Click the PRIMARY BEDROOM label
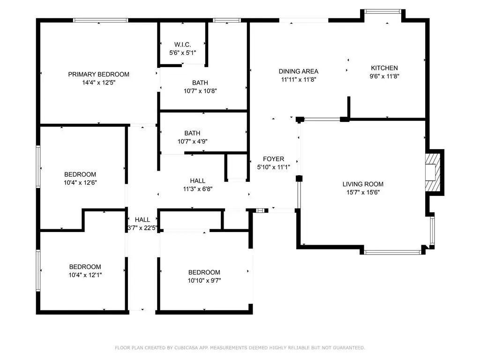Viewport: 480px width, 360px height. (98, 75)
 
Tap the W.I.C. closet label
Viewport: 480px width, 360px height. (182, 45)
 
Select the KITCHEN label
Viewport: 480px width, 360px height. (384, 68)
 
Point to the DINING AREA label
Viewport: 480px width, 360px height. (299, 71)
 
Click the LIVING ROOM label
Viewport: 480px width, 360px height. (363, 184)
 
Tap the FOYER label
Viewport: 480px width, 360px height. (273, 159)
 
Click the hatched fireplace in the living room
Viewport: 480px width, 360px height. (433, 172)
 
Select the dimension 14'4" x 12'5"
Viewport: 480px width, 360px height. (98, 82)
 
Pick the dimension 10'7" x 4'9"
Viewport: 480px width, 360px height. (192, 142)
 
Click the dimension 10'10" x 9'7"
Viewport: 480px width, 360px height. (204, 280)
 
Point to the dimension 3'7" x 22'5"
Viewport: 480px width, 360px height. (142, 228)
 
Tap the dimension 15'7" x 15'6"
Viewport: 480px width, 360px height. (363, 193)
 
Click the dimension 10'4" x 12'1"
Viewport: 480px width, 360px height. (85, 275)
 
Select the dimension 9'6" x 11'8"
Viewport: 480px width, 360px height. (384, 76)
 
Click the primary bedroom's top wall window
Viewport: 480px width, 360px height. (100, 20)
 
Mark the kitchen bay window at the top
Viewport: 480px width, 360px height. (382, 11)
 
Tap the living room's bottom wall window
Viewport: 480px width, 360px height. (393, 253)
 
